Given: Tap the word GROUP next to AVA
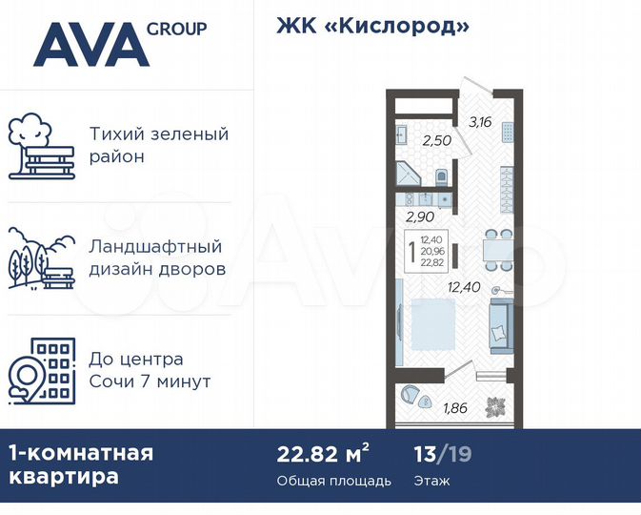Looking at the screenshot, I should point(176,28).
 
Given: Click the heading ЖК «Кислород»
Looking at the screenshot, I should point(372,26).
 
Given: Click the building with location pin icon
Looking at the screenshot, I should point(41,371).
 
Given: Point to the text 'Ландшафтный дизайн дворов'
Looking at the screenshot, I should point(157,257).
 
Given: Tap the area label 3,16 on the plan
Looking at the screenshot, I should point(479,121).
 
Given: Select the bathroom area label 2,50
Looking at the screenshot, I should point(436,141).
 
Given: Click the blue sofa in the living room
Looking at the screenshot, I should point(499,322).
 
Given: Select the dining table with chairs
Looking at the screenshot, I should point(491,247).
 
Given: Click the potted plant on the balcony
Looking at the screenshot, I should point(495,404).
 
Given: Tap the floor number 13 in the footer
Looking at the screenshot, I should point(425,452).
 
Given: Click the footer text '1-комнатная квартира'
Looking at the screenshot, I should point(80,464).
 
